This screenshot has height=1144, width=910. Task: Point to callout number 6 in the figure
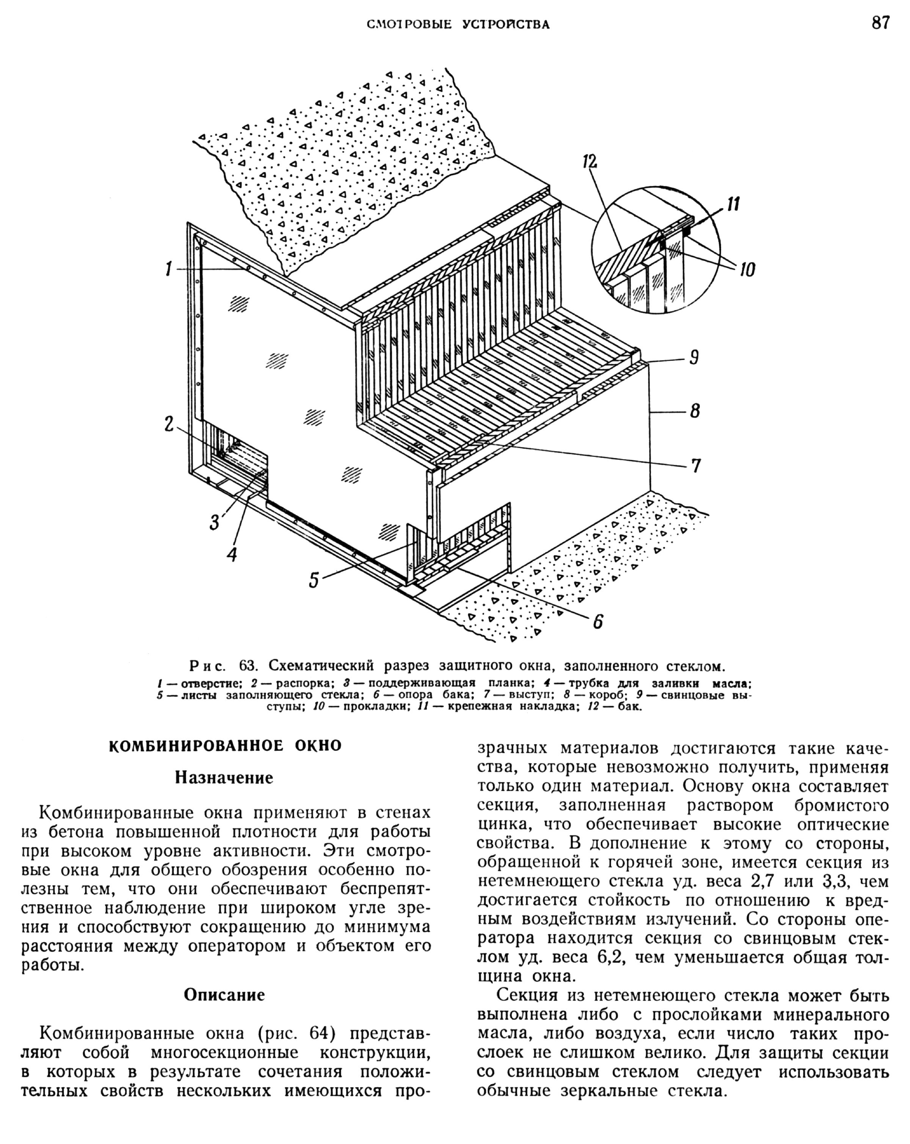click(x=598, y=621)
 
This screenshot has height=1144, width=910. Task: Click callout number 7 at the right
click(x=696, y=465)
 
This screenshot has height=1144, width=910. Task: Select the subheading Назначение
click(x=224, y=778)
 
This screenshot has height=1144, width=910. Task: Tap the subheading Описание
click(x=224, y=995)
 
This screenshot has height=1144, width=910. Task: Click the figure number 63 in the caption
click(x=248, y=666)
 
